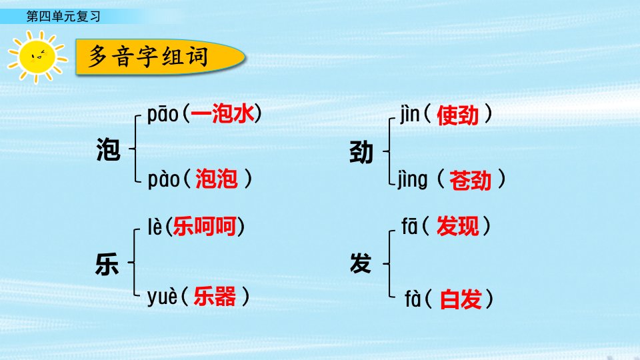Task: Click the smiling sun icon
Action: pyautogui.click(x=37, y=56)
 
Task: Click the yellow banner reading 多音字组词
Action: pyautogui.click(x=160, y=57)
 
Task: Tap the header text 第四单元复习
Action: pyautogui.click(x=63, y=16)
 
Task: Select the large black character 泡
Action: pyautogui.click(x=108, y=149)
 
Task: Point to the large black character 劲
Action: pyautogui.click(x=361, y=152)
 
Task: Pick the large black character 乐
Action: pyautogui.click(x=107, y=264)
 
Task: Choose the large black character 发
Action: pyautogui.click(x=361, y=263)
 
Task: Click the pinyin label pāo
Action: pyautogui.click(x=163, y=115)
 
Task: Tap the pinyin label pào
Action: pyautogui.click(x=163, y=179)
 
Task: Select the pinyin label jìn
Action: pyautogui.click(x=409, y=114)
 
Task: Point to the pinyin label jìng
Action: pyautogui.click(x=413, y=180)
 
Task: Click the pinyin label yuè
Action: pyautogui.click(x=163, y=296)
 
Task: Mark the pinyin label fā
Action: pyautogui.click(x=409, y=226)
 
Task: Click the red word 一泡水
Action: pyautogui.click(x=223, y=113)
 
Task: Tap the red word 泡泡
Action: pyautogui.click(x=216, y=179)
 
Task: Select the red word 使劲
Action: pyautogui.click(x=457, y=115)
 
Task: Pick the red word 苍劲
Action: pyautogui.click(x=470, y=181)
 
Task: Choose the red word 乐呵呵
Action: pyautogui.click(x=205, y=226)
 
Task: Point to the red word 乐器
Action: pyautogui.click(x=215, y=296)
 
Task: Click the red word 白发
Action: pyautogui.click(x=461, y=299)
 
